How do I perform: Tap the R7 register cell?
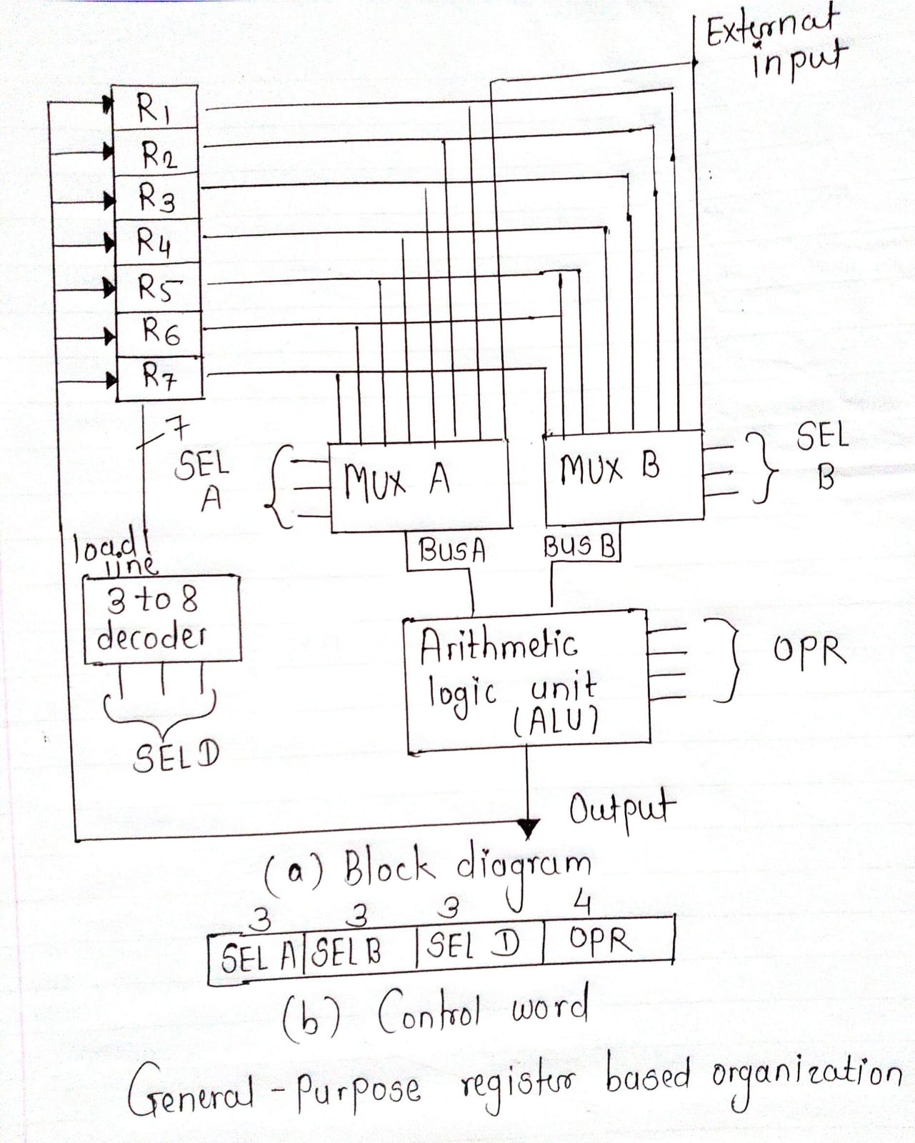tap(159, 376)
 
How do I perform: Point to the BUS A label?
tap(452, 551)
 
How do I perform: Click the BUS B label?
tap(579, 546)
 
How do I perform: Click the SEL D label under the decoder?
tap(176, 757)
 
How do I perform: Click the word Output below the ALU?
tap(621, 811)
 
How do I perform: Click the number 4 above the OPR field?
tap(582, 904)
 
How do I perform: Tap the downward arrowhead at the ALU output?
tap(528, 829)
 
